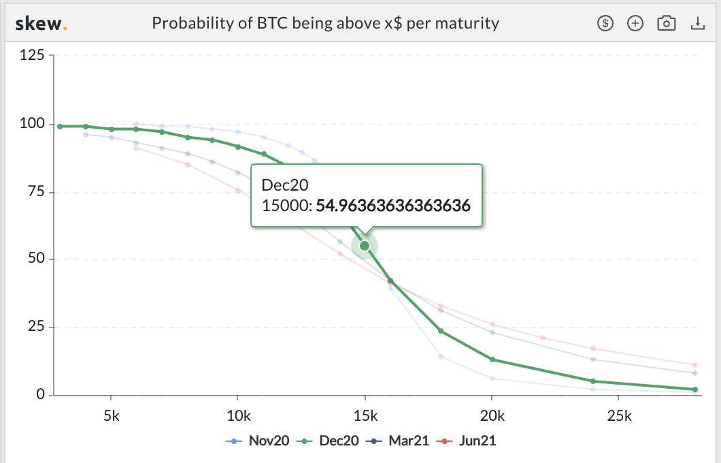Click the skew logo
[41, 24]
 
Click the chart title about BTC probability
[325, 24]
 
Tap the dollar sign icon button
[605, 24]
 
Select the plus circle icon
[635, 24]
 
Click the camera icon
[666, 24]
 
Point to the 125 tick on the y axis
[32, 56]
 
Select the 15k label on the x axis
[365, 414]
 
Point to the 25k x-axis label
[618, 414]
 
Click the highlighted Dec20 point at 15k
[365, 245]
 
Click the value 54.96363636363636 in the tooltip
[393, 205]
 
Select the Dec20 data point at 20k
[492, 360]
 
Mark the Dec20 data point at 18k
[441, 331]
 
